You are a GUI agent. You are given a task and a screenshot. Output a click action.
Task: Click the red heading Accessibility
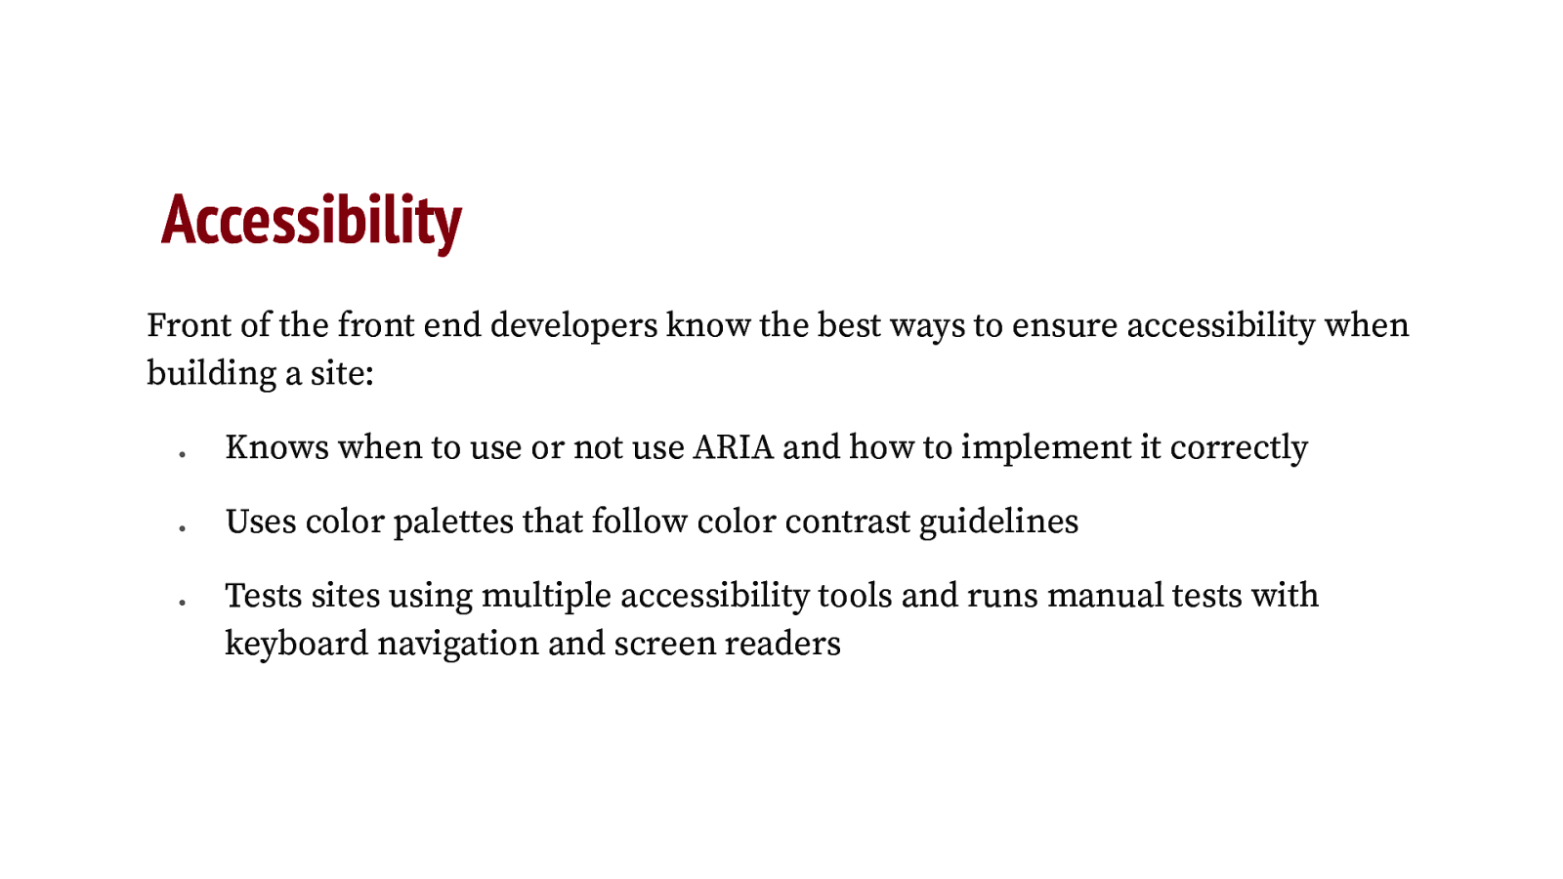[x=311, y=221]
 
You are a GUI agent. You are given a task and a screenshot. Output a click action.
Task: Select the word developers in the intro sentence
[x=573, y=325]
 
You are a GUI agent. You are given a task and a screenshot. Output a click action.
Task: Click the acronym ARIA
[x=733, y=447]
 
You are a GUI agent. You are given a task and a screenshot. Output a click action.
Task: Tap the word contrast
[x=848, y=522]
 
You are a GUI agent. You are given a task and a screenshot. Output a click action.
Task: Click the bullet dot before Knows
[x=182, y=453]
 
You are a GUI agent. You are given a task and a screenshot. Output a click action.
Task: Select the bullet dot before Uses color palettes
[x=182, y=527]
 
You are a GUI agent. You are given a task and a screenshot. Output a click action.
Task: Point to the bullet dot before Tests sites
[x=182, y=602]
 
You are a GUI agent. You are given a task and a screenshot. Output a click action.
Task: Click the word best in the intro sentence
[x=849, y=325]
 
